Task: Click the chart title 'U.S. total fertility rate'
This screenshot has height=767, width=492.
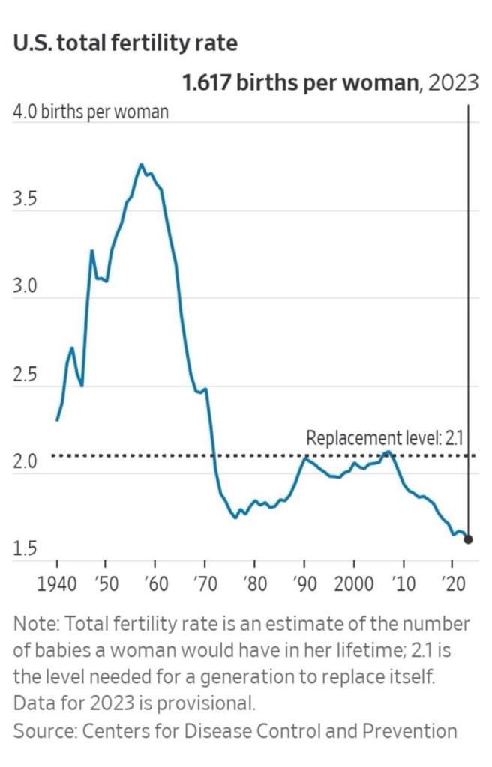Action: tap(125, 43)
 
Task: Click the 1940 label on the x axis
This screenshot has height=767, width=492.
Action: tap(57, 583)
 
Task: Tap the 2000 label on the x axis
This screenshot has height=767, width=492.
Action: tap(354, 583)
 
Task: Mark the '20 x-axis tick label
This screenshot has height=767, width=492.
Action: tap(451, 583)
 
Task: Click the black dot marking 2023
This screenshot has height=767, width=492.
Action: tap(468, 539)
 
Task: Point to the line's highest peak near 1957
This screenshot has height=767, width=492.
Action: tap(141, 164)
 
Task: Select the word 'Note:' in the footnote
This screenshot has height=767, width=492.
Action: tap(34, 624)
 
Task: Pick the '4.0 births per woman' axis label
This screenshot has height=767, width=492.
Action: tap(91, 113)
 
